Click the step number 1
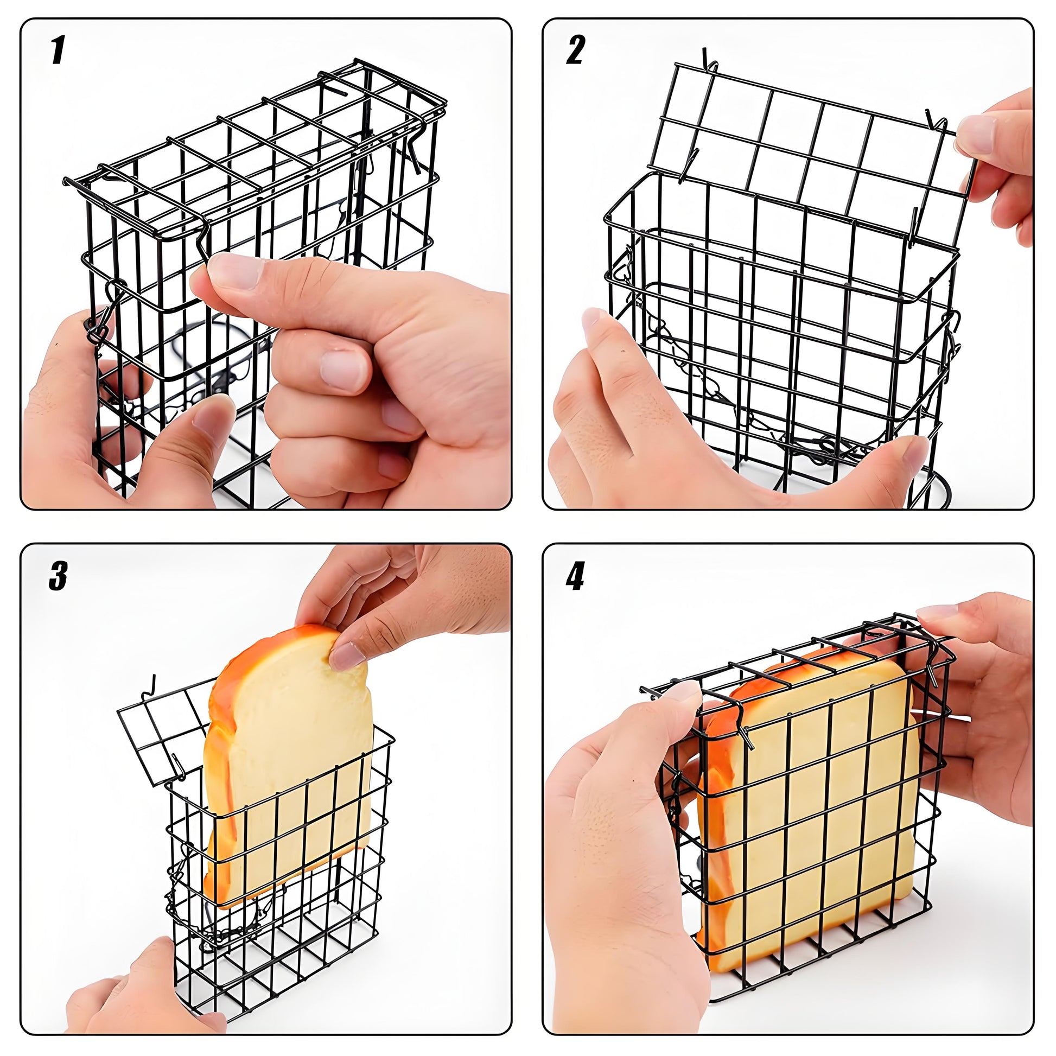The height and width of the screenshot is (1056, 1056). [x=58, y=50]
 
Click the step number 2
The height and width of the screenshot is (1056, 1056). [x=575, y=50]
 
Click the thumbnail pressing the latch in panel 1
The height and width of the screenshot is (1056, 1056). [x=232, y=271]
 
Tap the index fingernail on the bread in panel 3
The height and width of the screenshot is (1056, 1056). [x=348, y=656]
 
